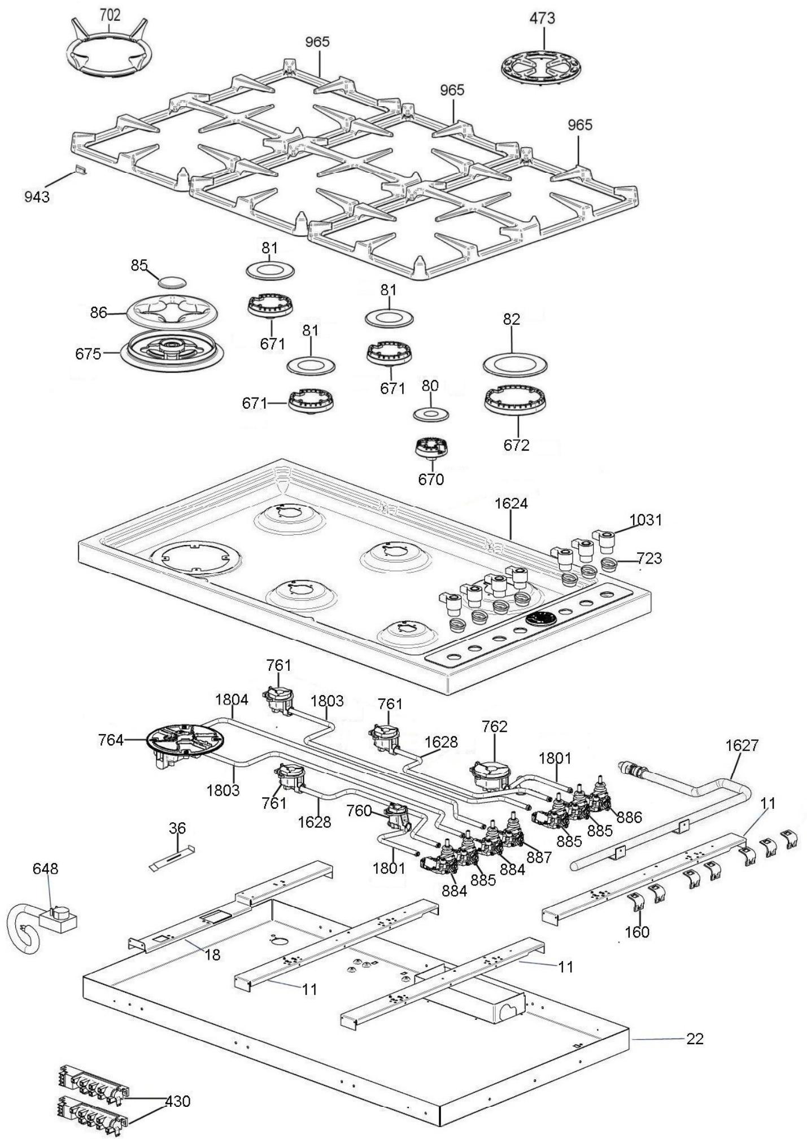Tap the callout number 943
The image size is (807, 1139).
tap(37, 197)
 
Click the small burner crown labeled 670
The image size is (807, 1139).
tap(432, 447)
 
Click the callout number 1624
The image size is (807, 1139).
tap(511, 503)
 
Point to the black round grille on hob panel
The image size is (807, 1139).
tap(540, 618)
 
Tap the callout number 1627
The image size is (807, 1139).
tap(741, 745)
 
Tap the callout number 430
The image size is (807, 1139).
tap(177, 1085)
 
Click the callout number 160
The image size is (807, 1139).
tap(637, 931)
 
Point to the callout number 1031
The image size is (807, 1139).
tap(645, 520)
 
